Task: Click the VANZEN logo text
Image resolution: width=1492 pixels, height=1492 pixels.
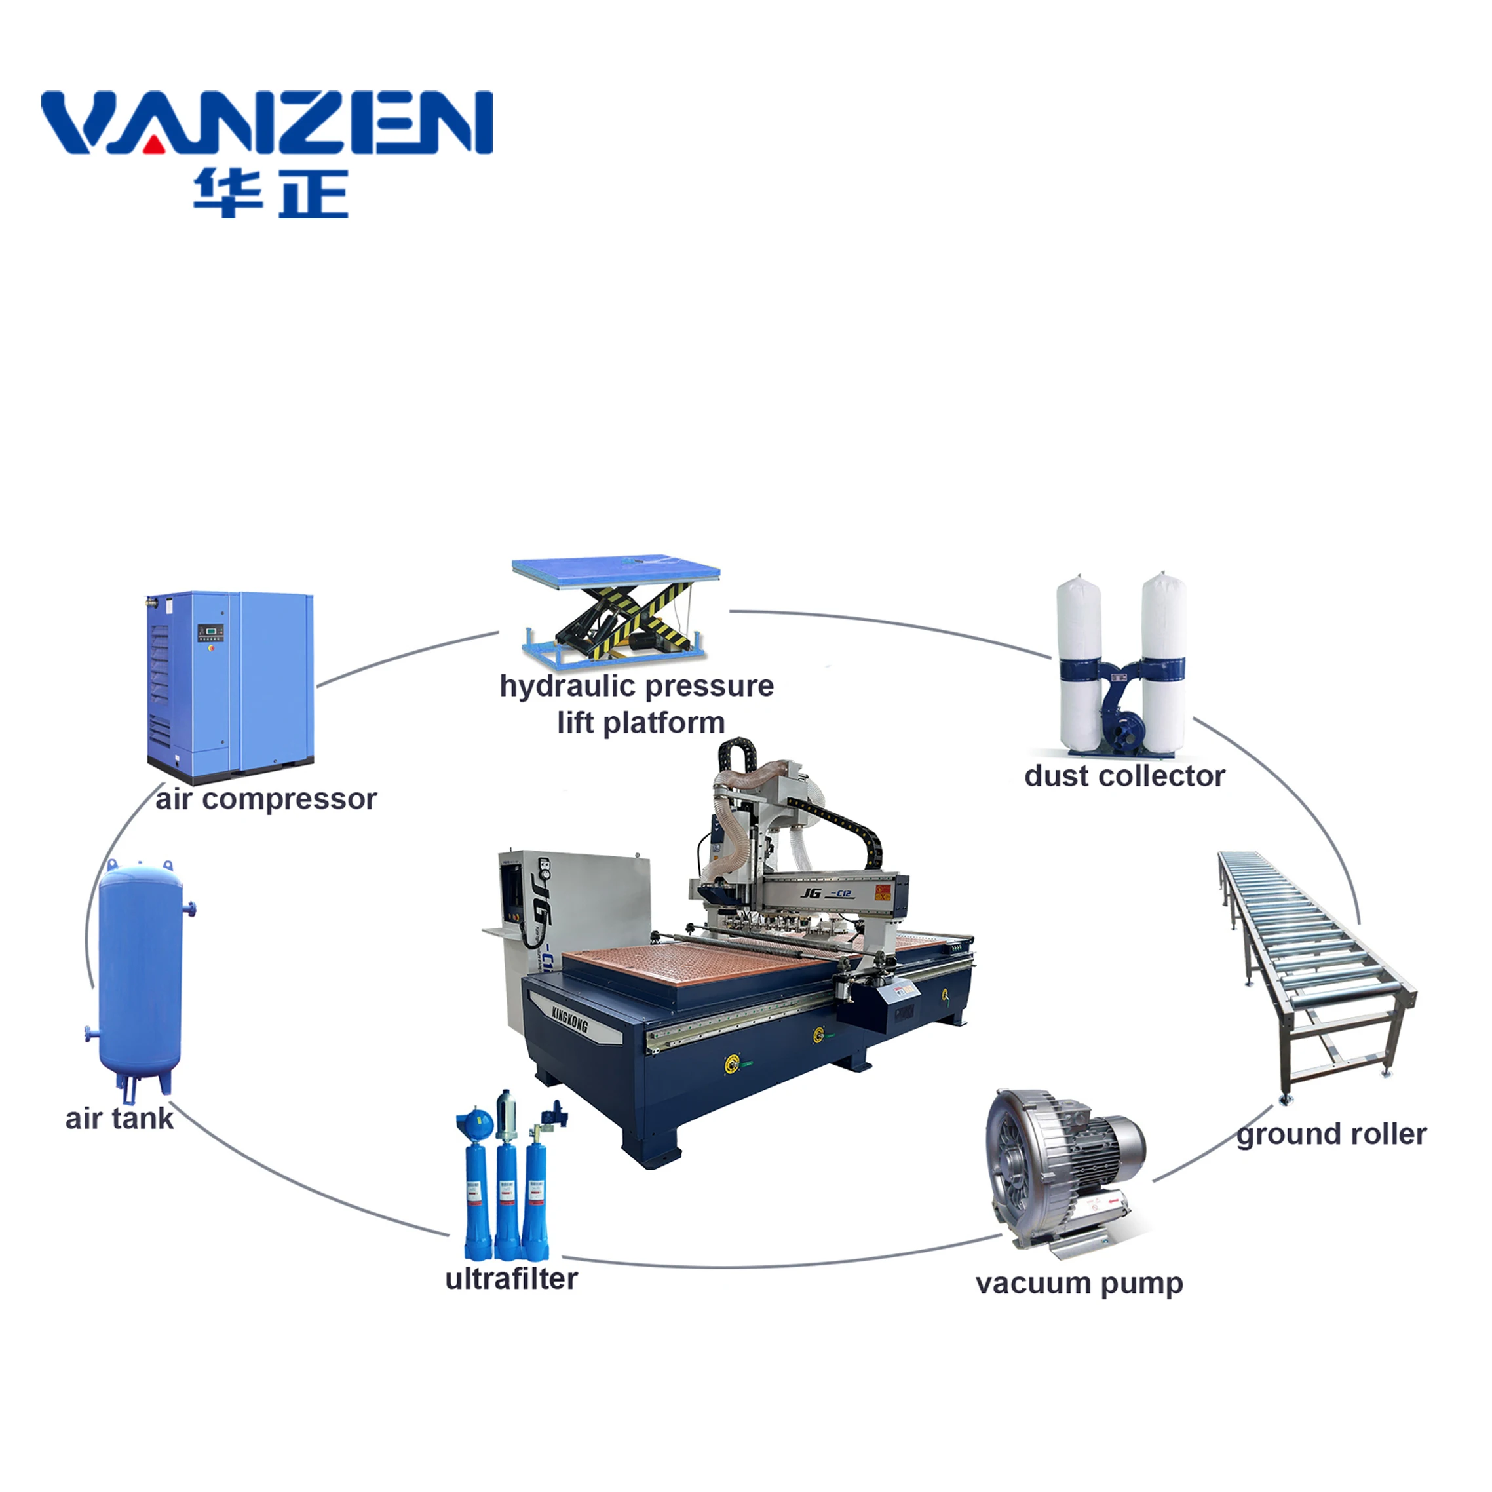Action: (x=267, y=122)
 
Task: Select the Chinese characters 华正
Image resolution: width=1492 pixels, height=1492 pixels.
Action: (x=270, y=193)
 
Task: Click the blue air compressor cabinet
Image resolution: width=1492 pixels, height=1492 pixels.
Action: (x=232, y=679)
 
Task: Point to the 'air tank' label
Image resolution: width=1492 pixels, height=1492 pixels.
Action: (x=119, y=1119)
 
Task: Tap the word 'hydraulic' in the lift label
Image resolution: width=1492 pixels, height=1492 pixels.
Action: (x=566, y=686)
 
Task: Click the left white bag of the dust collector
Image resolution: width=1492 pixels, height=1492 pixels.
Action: (x=1079, y=657)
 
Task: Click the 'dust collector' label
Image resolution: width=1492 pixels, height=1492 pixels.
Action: (x=1124, y=776)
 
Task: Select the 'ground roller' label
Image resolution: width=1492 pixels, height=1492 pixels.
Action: (x=1331, y=1134)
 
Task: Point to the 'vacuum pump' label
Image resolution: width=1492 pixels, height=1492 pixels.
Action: (x=1079, y=1283)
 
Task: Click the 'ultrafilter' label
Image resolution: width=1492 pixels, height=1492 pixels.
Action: (x=511, y=1279)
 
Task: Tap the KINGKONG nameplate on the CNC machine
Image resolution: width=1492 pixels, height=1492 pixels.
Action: (x=570, y=1021)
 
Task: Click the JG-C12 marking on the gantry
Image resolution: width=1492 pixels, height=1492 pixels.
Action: (x=826, y=894)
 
